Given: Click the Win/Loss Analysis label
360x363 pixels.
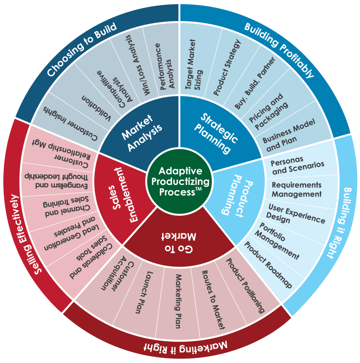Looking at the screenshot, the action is (x=138, y=65).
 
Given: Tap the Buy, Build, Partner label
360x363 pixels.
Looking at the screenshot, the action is (x=255, y=83).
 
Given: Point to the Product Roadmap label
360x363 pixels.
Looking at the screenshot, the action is (x=268, y=264).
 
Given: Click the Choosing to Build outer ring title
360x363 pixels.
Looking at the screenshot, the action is (x=82, y=49).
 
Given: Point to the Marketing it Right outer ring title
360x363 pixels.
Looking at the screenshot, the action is (x=185, y=347).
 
